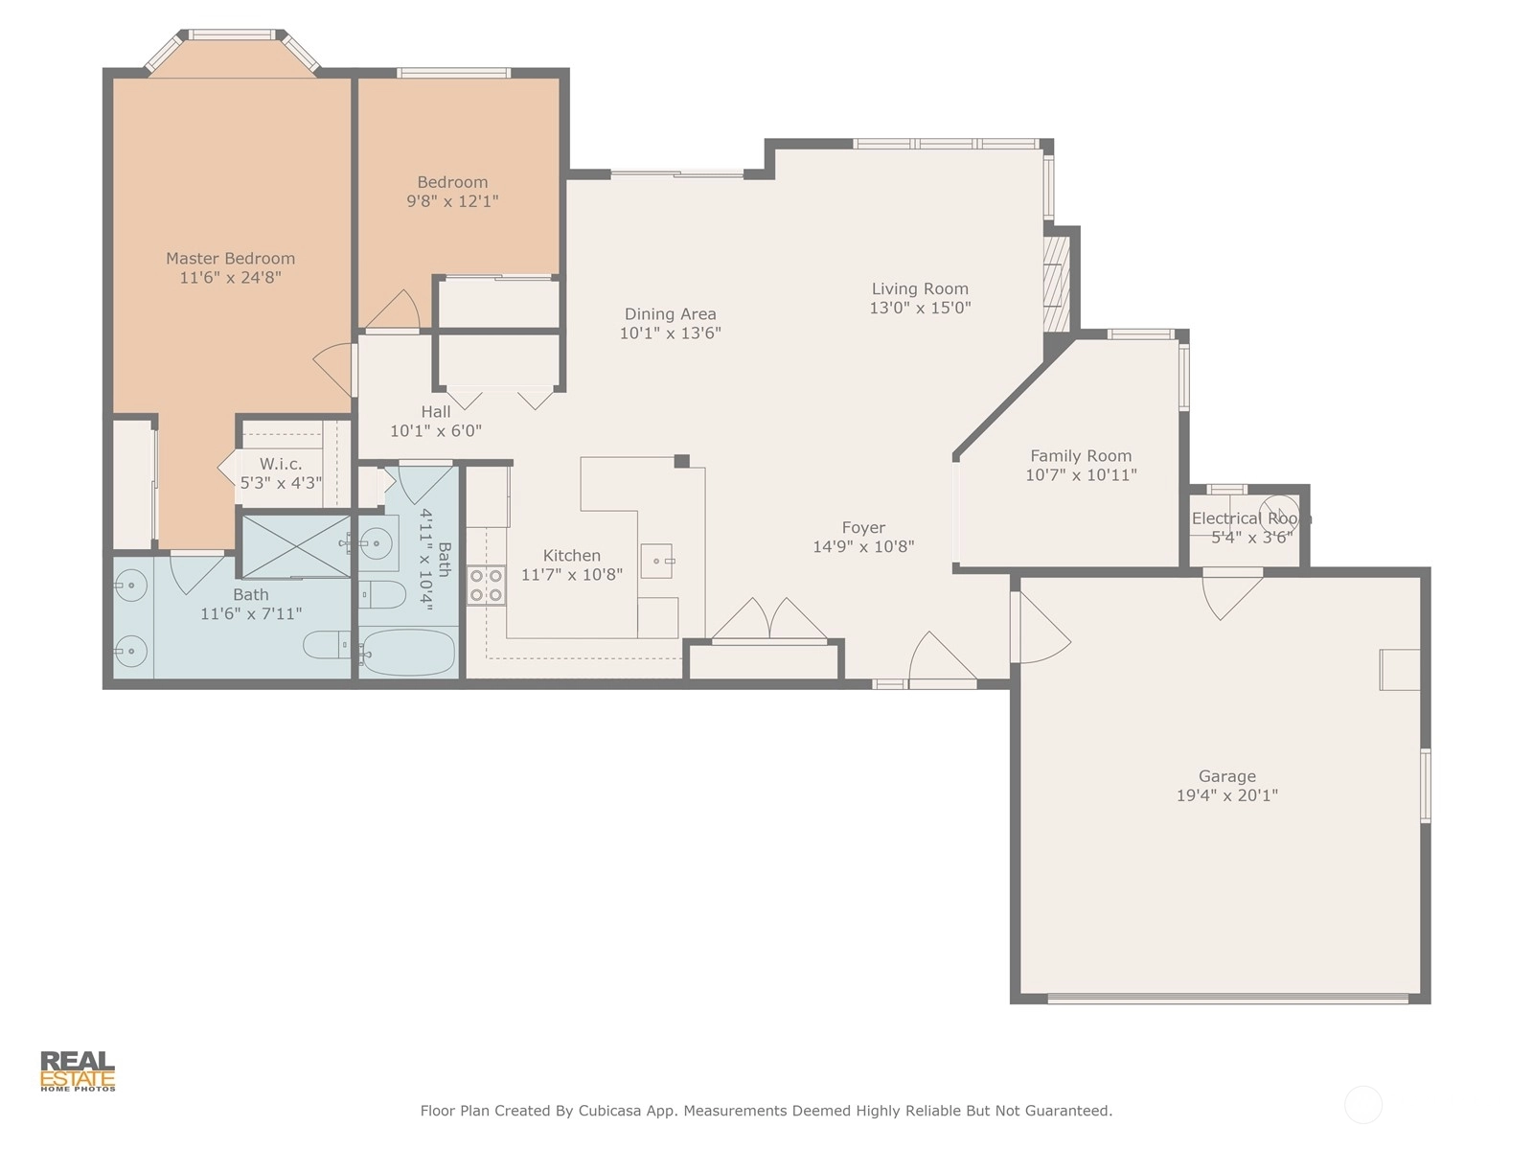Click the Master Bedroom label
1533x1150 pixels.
pyautogui.click(x=230, y=259)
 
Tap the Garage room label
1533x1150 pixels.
pyautogui.click(x=1227, y=776)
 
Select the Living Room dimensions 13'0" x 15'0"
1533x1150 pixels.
pyautogui.click(x=920, y=308)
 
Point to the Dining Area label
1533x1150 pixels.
pyautogui.click(x=670, y=314)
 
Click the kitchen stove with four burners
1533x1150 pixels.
pyautogui.click(x=486, y=586)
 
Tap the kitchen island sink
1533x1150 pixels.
pyautogui.click(x=656, y=562)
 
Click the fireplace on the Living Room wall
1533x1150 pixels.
pyautogui.click(x=1057, y=283)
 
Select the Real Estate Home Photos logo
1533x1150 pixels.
pyautogui.click(x=78, y=1071)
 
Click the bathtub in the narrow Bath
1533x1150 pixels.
pyautogui.click(x=409, y=653)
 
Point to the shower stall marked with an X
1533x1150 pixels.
pyautogui.click(x=295, y=546)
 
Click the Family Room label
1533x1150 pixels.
pyautogui.click(x=1081, y=456)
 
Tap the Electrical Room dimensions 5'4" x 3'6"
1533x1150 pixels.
pyautogui.click(x=1251, y=537)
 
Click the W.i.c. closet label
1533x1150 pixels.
pyautogui.click(x=281, y=464)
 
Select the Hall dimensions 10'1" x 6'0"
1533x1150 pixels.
pyautogui.click(x=436, y=431)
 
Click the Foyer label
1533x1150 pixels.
pyautogui.click(x=863, y=528)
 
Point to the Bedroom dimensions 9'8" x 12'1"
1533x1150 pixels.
pyautogui.click(x=452, y=201)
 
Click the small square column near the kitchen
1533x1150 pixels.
pyautogui.click(x=681, y=461)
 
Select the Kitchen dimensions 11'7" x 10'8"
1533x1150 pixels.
pyautogui.click(x=571, y=575)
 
